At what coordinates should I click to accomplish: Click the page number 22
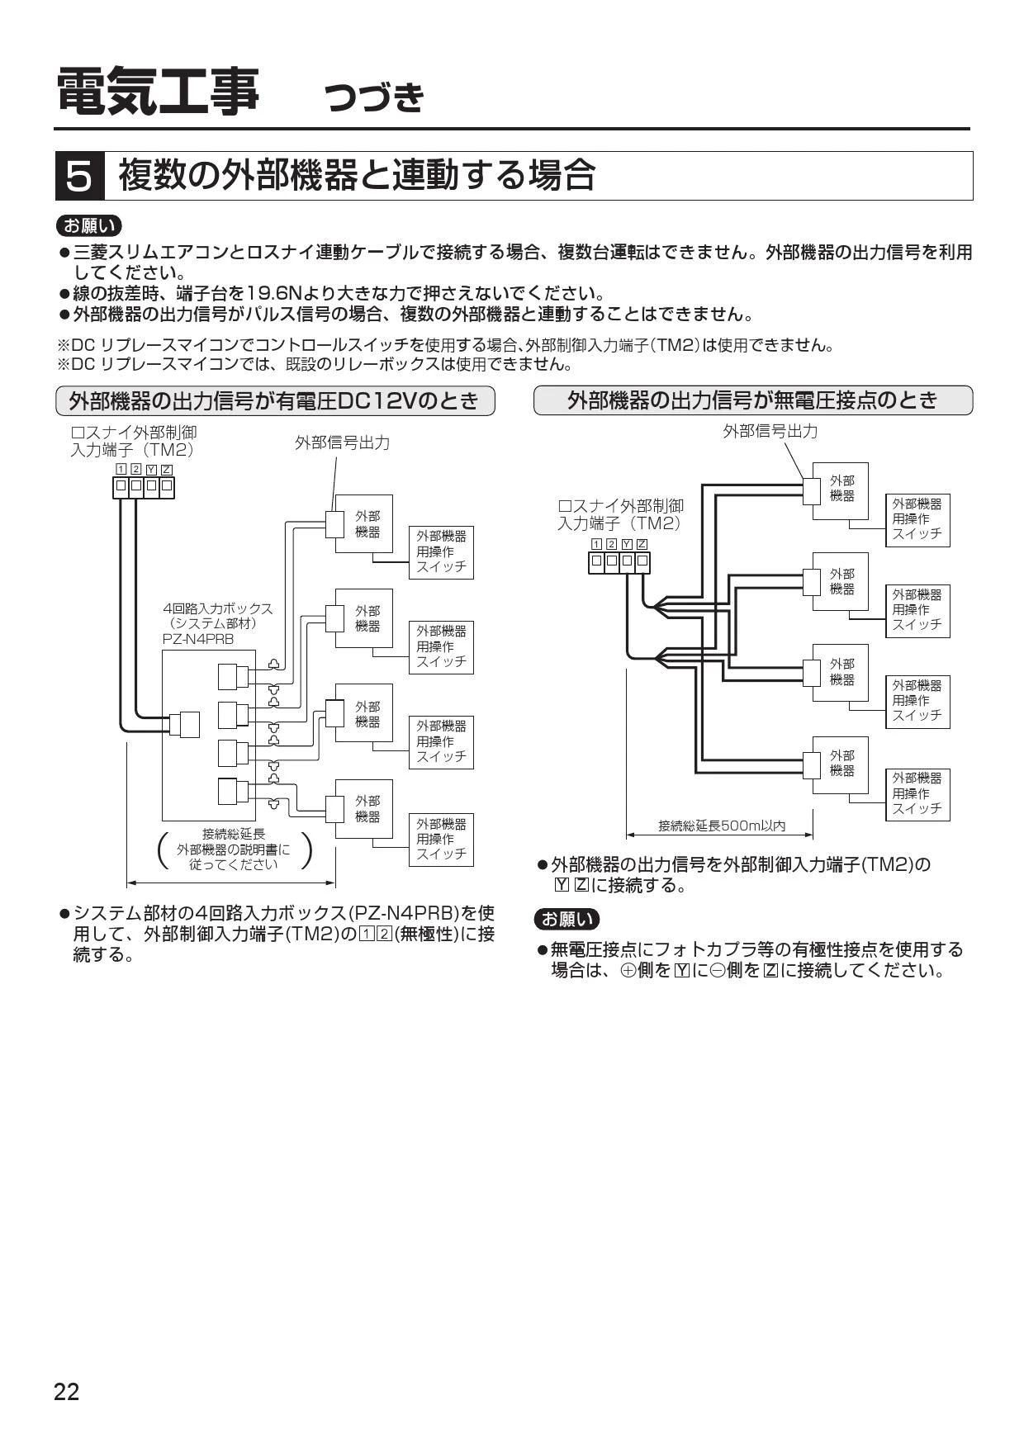[x=67, y=1392]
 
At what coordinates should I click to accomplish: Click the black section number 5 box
[x=79, y=176]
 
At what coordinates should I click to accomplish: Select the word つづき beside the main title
[x=375, y=97]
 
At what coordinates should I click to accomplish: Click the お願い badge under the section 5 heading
[x=88, y=225]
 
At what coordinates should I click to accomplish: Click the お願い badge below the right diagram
[x=567, y=919]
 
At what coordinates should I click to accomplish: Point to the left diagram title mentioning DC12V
[x=275, y=400]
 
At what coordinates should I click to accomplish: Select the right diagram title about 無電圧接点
[x=753, y=400]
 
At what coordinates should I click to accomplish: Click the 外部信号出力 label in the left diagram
[x=342, y=442]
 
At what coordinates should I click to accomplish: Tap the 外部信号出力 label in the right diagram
[x=770, y=430]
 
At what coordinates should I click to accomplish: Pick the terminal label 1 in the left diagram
[x=121, y=470]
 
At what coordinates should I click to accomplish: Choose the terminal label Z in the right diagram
[x=642, y=544]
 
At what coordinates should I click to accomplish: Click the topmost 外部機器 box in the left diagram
[x=363, y=523]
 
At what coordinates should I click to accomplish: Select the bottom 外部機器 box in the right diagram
[x=841, y=764]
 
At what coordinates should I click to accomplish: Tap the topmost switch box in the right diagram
[x=917, y=520]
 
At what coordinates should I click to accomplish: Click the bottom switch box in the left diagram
[x=441, y=839]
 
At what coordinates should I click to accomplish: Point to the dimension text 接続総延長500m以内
[x=722, y=826]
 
